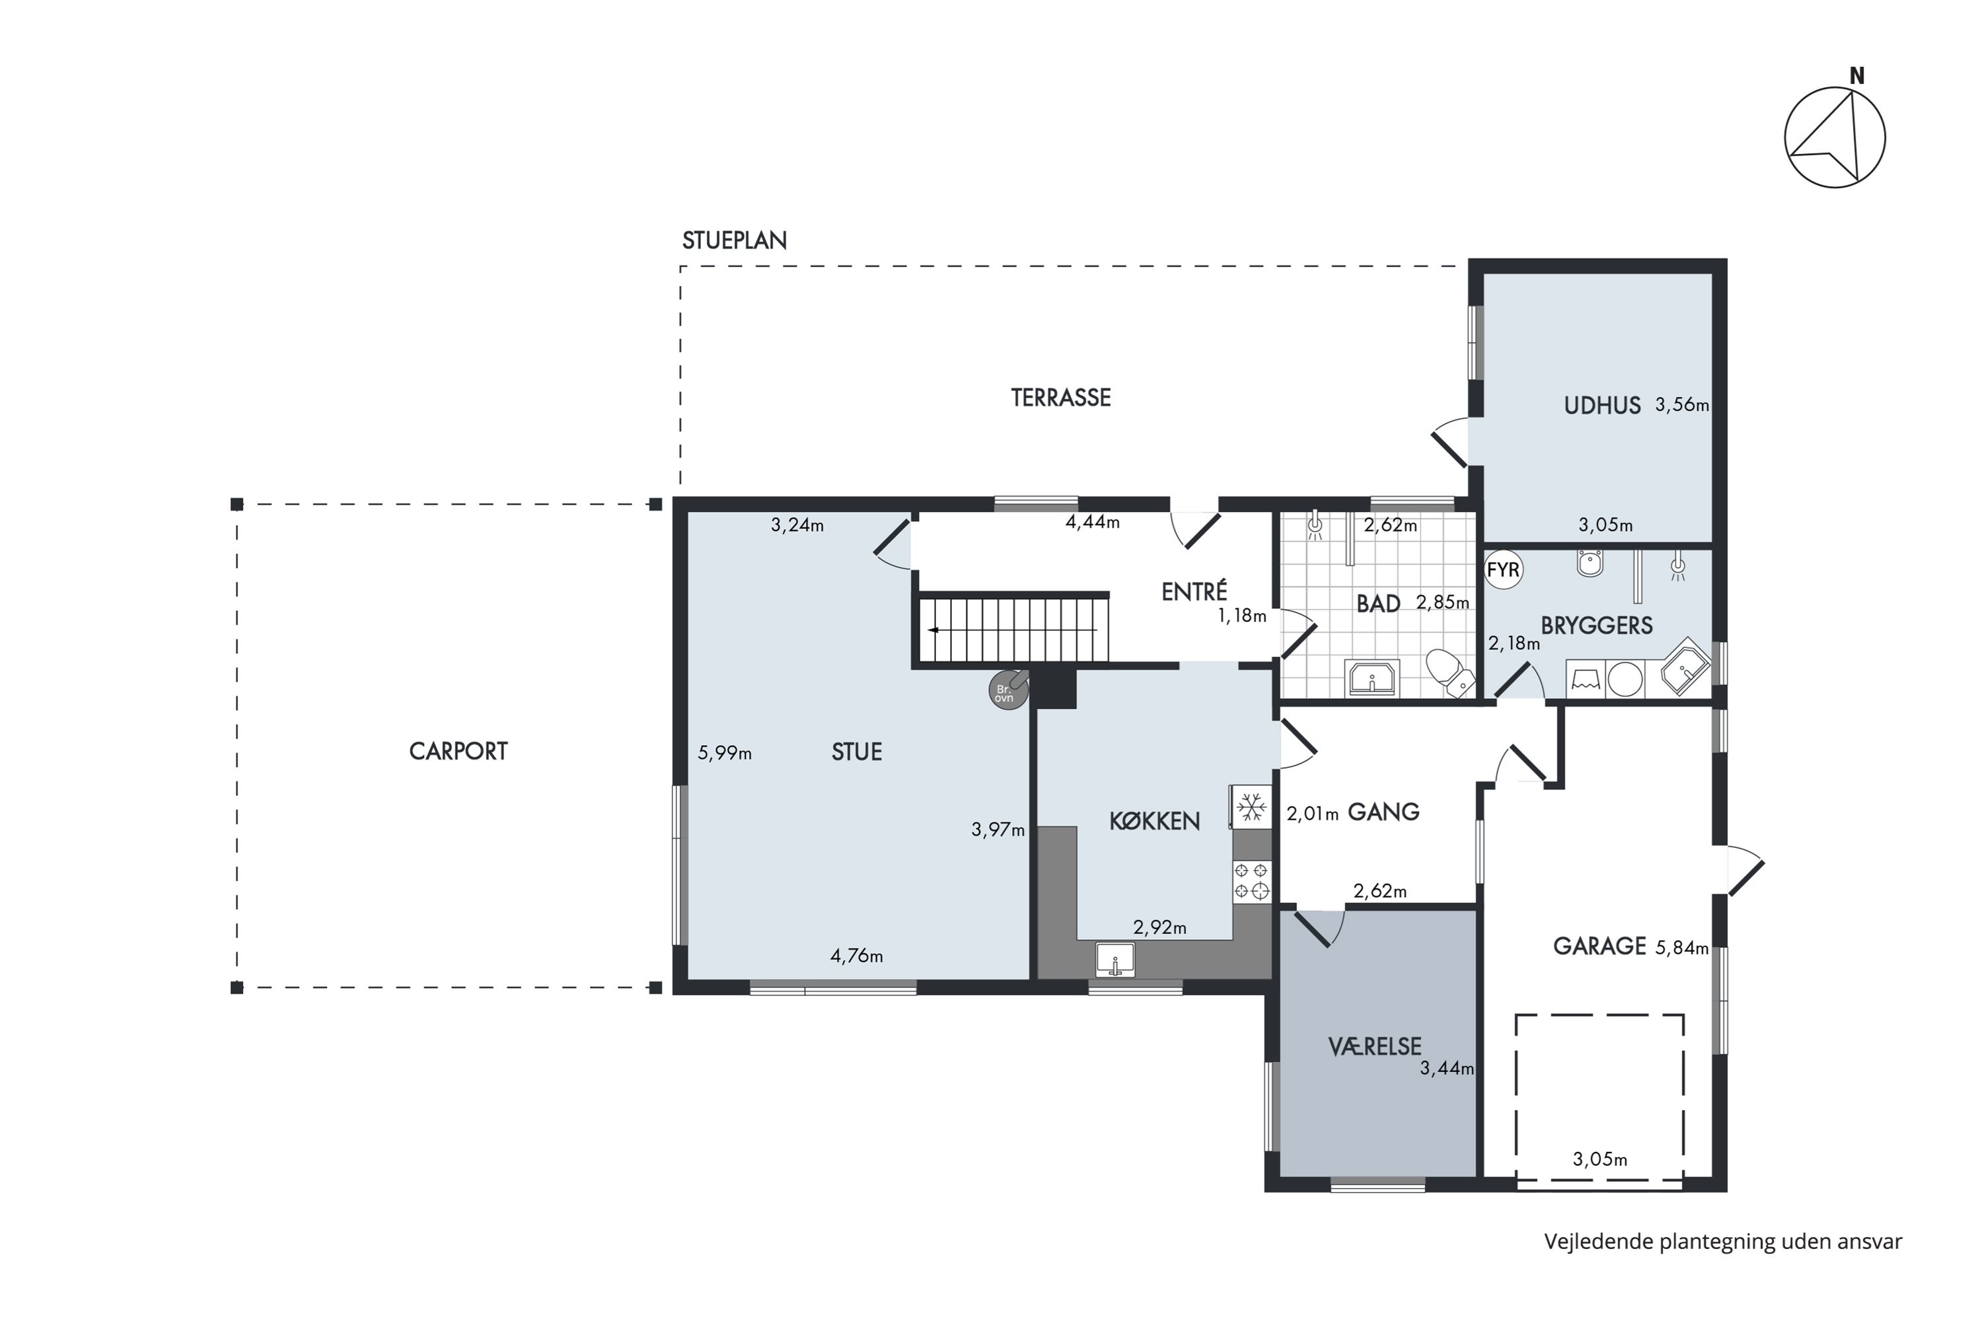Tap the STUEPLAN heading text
pos(734,241)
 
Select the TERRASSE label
pos(1061,398)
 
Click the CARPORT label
pos(459,752)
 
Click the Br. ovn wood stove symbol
pos(1008,690)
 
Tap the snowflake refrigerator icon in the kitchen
pos(1252,807)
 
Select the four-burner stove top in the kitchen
pos(1252,881)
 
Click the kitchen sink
pos(1116,960)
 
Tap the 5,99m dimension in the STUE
pos(725,753)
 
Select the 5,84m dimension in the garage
pos(1682,948)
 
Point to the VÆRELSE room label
pos(1376,1047)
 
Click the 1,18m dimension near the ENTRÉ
pos(1242,616)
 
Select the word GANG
pos(1383,812)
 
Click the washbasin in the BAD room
pos(1372,678)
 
